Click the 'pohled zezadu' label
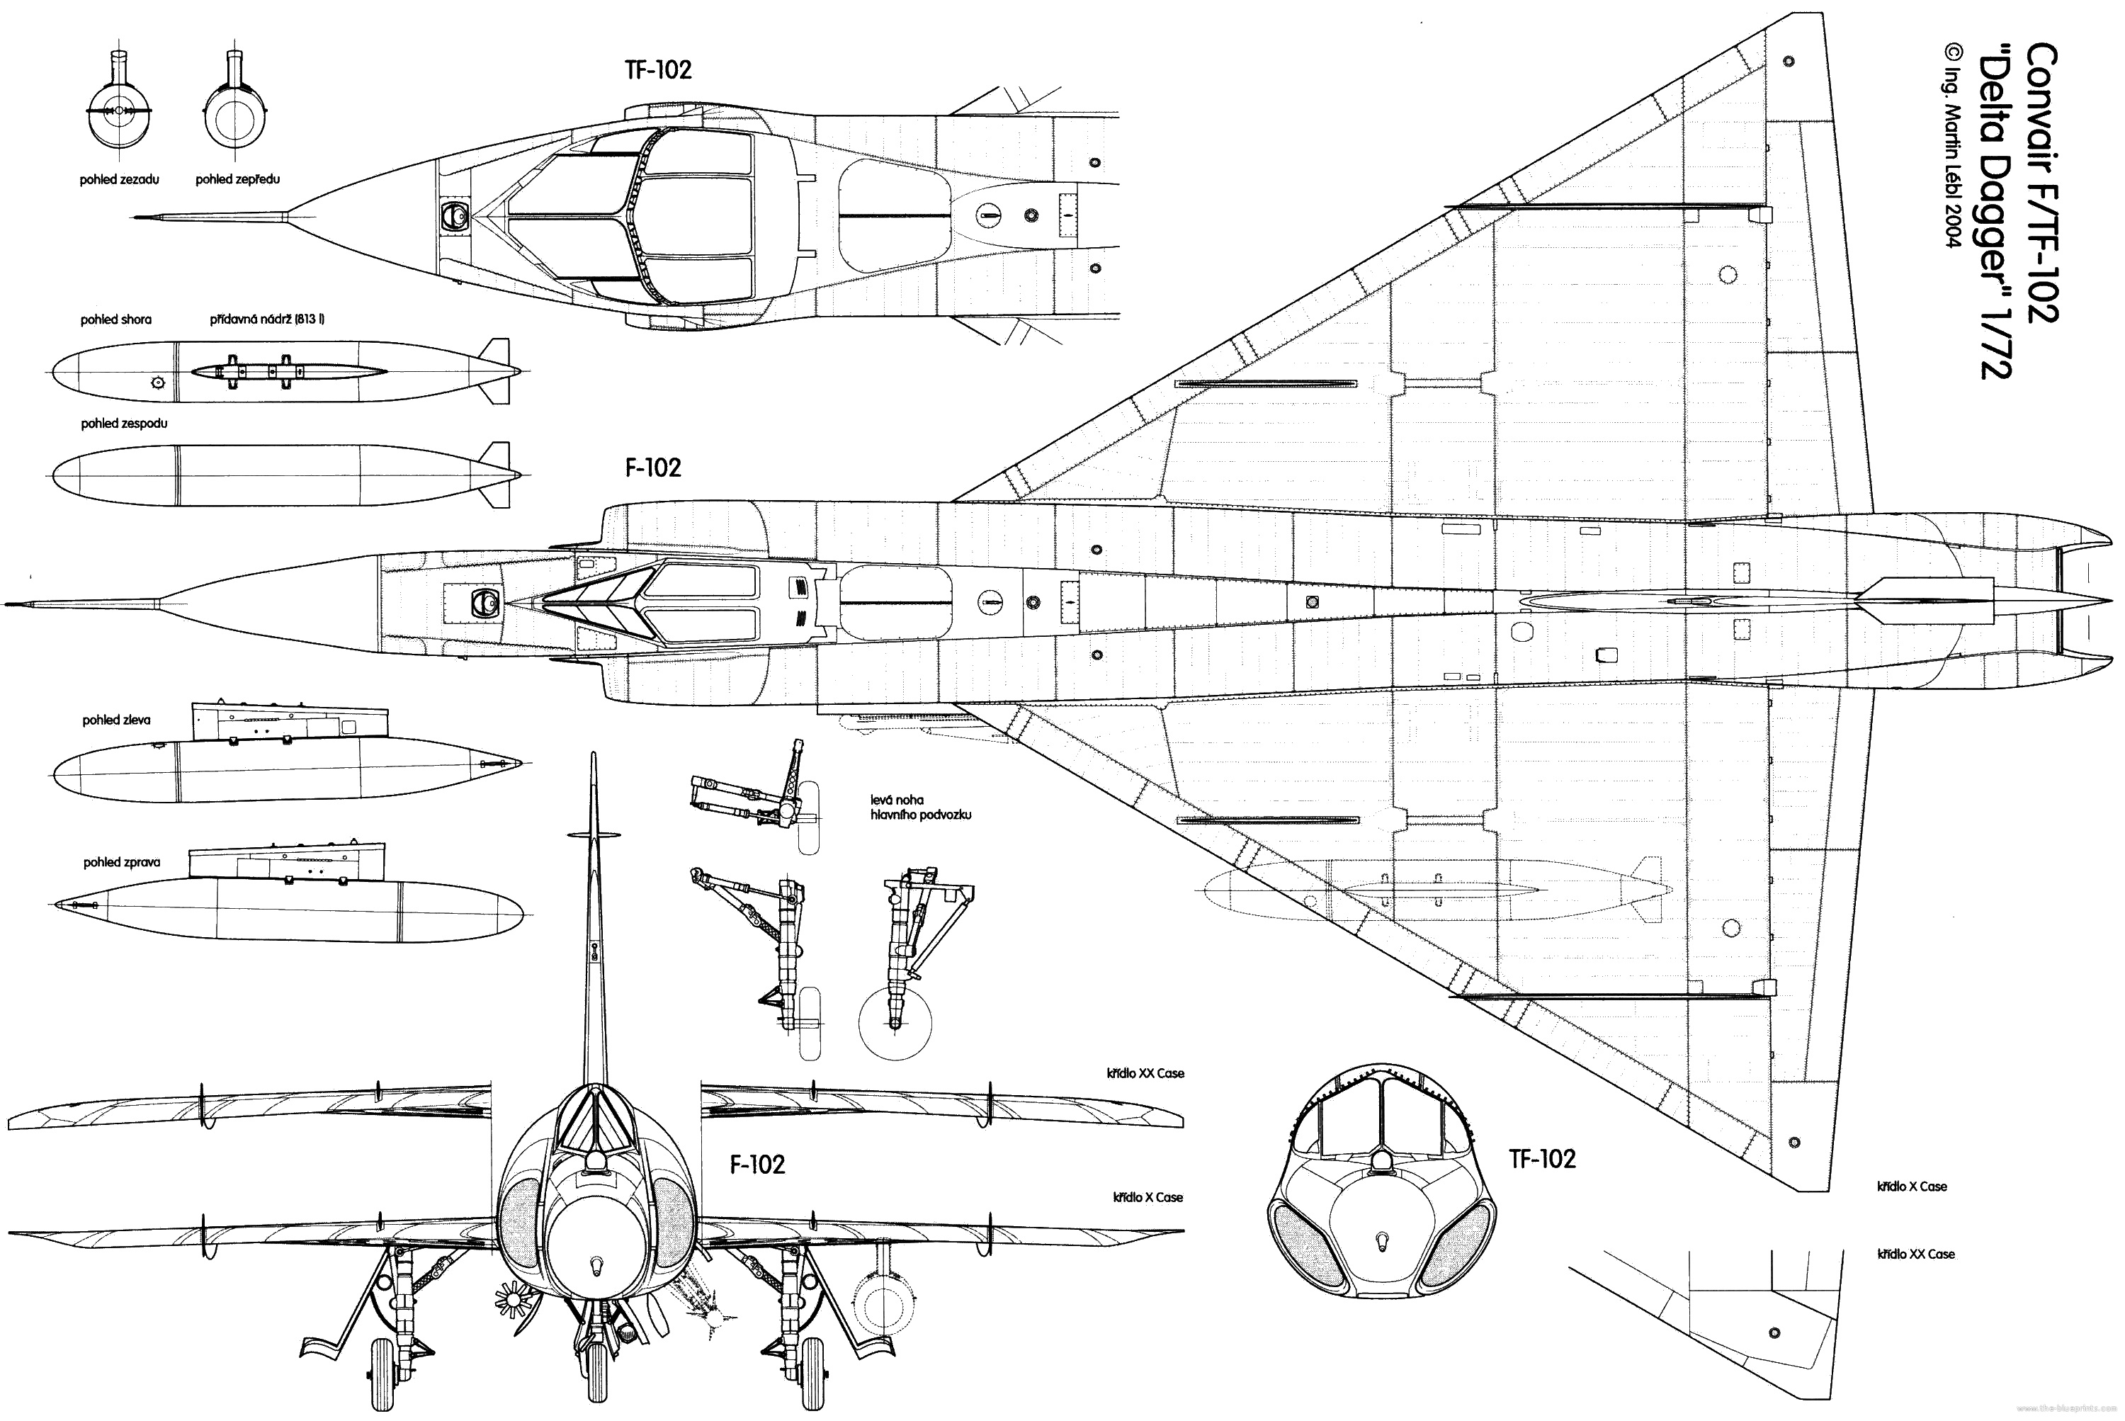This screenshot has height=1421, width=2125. (x=119, y=179)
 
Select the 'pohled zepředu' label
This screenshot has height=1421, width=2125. (x=237, y=179)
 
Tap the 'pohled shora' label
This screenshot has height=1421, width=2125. (x=116, y=320)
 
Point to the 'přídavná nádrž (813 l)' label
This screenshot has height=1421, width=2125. (x=267, y=320)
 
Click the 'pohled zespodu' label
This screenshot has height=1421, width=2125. (x=124, y=423)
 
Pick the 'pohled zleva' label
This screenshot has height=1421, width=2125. (x=116, y=720)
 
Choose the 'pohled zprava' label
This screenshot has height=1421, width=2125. (x=121, y=863)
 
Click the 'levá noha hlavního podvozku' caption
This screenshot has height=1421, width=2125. (x=921, y=808)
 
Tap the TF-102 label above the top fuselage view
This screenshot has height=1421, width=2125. (x=659, y=71)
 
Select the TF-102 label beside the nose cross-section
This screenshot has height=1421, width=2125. (x=1542, y=1159)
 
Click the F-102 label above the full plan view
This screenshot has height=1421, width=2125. (x=652, y=468)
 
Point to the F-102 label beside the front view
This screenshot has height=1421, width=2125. (x=758, y=1165)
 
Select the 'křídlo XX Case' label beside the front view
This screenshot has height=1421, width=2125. (x=1145, y=1074)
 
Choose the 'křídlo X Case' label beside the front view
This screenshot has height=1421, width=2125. (x=1148, y=1198)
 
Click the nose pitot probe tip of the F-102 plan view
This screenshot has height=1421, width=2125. (x=7, y=604)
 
